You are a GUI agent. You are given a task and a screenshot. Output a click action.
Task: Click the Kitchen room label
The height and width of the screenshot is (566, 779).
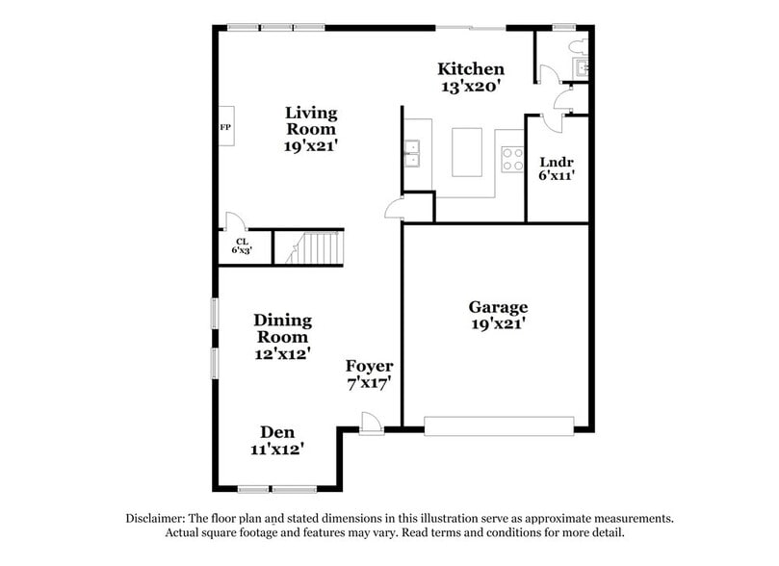coord(471,76)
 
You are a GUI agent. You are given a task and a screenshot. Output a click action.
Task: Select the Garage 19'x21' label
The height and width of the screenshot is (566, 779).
coord(498,315)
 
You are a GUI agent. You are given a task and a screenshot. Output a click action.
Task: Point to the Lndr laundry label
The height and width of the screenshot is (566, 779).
coord(557,168)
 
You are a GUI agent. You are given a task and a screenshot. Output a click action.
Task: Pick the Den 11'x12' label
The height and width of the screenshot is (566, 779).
coord(276,440)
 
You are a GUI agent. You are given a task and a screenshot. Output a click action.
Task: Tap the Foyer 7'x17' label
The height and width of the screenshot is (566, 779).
coord(370,374)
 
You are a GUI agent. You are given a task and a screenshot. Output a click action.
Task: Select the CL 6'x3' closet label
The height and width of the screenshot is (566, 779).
coord(240,246)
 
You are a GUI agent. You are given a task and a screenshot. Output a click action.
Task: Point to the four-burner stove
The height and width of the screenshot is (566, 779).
coord(510,157)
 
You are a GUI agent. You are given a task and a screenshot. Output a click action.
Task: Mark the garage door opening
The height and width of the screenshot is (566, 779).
coord(500,424)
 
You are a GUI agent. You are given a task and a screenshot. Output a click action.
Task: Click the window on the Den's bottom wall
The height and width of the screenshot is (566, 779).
coord(277,489)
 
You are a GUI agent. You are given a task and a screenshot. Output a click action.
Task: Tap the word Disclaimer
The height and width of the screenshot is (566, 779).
coord(159,518)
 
